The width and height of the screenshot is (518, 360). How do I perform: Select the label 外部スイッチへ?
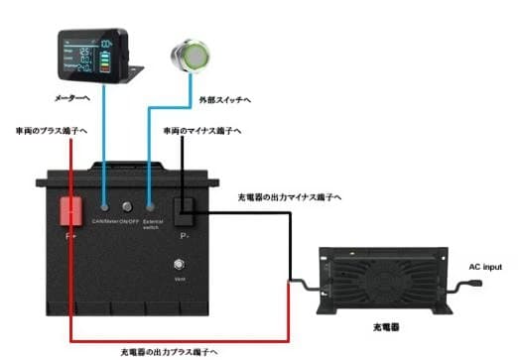click(x=224, y=100)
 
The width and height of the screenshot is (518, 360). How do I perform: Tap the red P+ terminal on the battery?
click(x=72, y=210)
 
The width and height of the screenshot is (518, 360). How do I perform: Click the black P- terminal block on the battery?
click(x=185, y=209)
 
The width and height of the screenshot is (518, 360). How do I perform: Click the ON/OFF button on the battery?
click(x=128, y=211)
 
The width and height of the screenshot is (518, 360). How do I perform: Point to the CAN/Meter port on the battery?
click(x=104, y=211)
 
